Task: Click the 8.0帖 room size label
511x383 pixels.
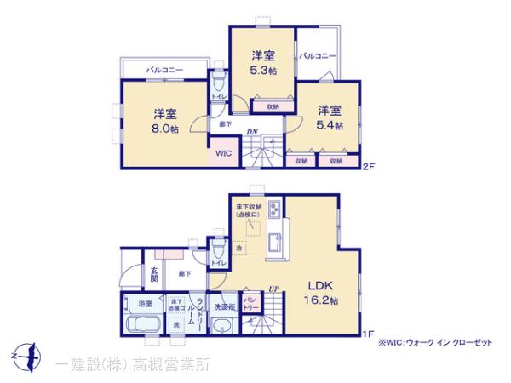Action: [165, 129]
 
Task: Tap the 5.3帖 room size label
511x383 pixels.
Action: [262, 71]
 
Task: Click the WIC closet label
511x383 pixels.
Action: [222, 154]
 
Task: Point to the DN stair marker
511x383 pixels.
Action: [252, 132]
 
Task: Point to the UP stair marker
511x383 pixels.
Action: [274, 289]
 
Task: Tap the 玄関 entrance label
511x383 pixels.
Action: [155, 272]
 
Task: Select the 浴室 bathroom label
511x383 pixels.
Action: [146, 303]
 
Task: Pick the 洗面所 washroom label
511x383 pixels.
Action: [224, 305]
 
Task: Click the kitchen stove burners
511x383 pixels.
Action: [275, 209]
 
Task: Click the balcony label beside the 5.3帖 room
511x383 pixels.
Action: [318, 57]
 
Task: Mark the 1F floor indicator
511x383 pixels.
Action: [369, 334]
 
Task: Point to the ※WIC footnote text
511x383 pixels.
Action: [437, 341]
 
